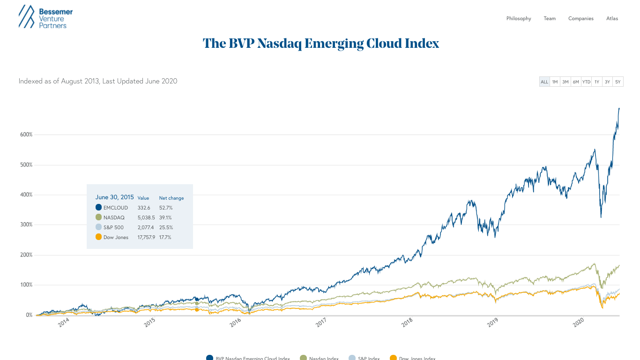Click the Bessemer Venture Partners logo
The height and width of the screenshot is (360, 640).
(45, 17)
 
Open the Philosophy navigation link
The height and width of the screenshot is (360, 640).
(519, 19)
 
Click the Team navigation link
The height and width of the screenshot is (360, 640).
(550, 19)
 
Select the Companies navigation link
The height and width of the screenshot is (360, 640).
(580, 19)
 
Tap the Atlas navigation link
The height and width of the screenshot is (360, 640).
(612, 19)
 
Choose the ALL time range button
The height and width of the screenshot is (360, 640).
(544, 82)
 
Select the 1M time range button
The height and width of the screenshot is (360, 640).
(555, 82)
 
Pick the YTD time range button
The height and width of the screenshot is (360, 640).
(586, 82)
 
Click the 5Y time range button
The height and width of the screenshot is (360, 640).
(618, 82)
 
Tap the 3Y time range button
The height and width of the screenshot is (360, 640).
(607, 82)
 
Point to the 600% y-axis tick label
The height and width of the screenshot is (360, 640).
(26, 135)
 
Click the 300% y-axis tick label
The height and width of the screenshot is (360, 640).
(26, 225)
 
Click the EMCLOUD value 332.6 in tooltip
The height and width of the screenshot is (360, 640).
(144, 208)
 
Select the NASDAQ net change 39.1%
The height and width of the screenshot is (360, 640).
(165, 217)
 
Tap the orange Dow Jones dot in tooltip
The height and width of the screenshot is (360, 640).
(98, 237)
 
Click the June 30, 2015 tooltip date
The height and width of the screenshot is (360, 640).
(114, 197)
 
